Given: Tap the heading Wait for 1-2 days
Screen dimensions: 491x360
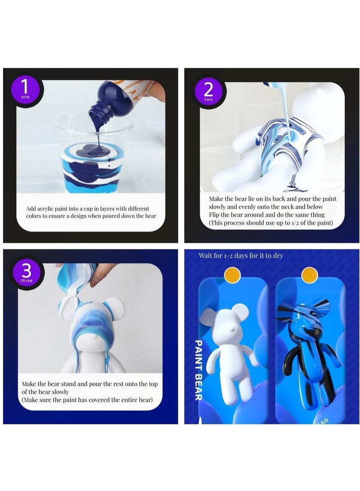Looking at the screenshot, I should [x=241, y=256].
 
